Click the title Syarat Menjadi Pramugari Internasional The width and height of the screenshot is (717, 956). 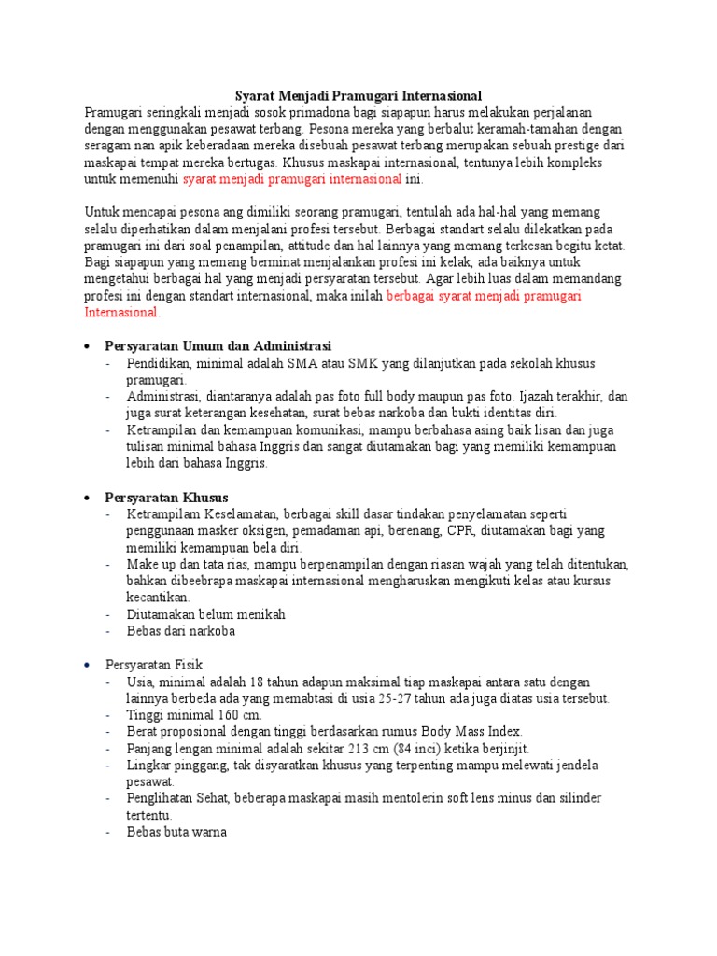357,95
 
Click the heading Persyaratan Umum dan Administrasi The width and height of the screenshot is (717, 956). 218,345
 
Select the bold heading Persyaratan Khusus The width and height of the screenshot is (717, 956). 167,497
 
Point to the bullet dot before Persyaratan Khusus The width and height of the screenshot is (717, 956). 87,498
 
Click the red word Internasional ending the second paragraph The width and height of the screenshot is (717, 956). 121,313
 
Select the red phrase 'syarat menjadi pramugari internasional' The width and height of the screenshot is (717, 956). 292,179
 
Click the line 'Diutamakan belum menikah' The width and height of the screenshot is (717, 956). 205,614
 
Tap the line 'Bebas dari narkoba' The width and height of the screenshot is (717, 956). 181,631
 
